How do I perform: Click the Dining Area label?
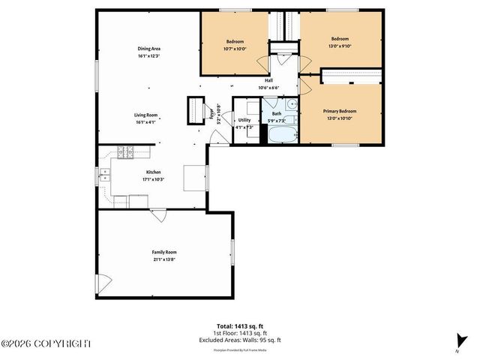(x=149, y=49)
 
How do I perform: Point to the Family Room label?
(x=164, y=252)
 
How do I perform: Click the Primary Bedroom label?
(x=339, y=111)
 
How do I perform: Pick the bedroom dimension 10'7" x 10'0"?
(x=236, y=47)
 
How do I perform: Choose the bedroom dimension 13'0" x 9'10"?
(x=340, y=44)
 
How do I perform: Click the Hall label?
(x=268, y=81)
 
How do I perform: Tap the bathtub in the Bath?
(x=283, y=136)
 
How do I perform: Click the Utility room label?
(x=244, y=120)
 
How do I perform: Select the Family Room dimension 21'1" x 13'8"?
(x=164, y=259)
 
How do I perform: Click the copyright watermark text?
(x=46, y=344)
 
